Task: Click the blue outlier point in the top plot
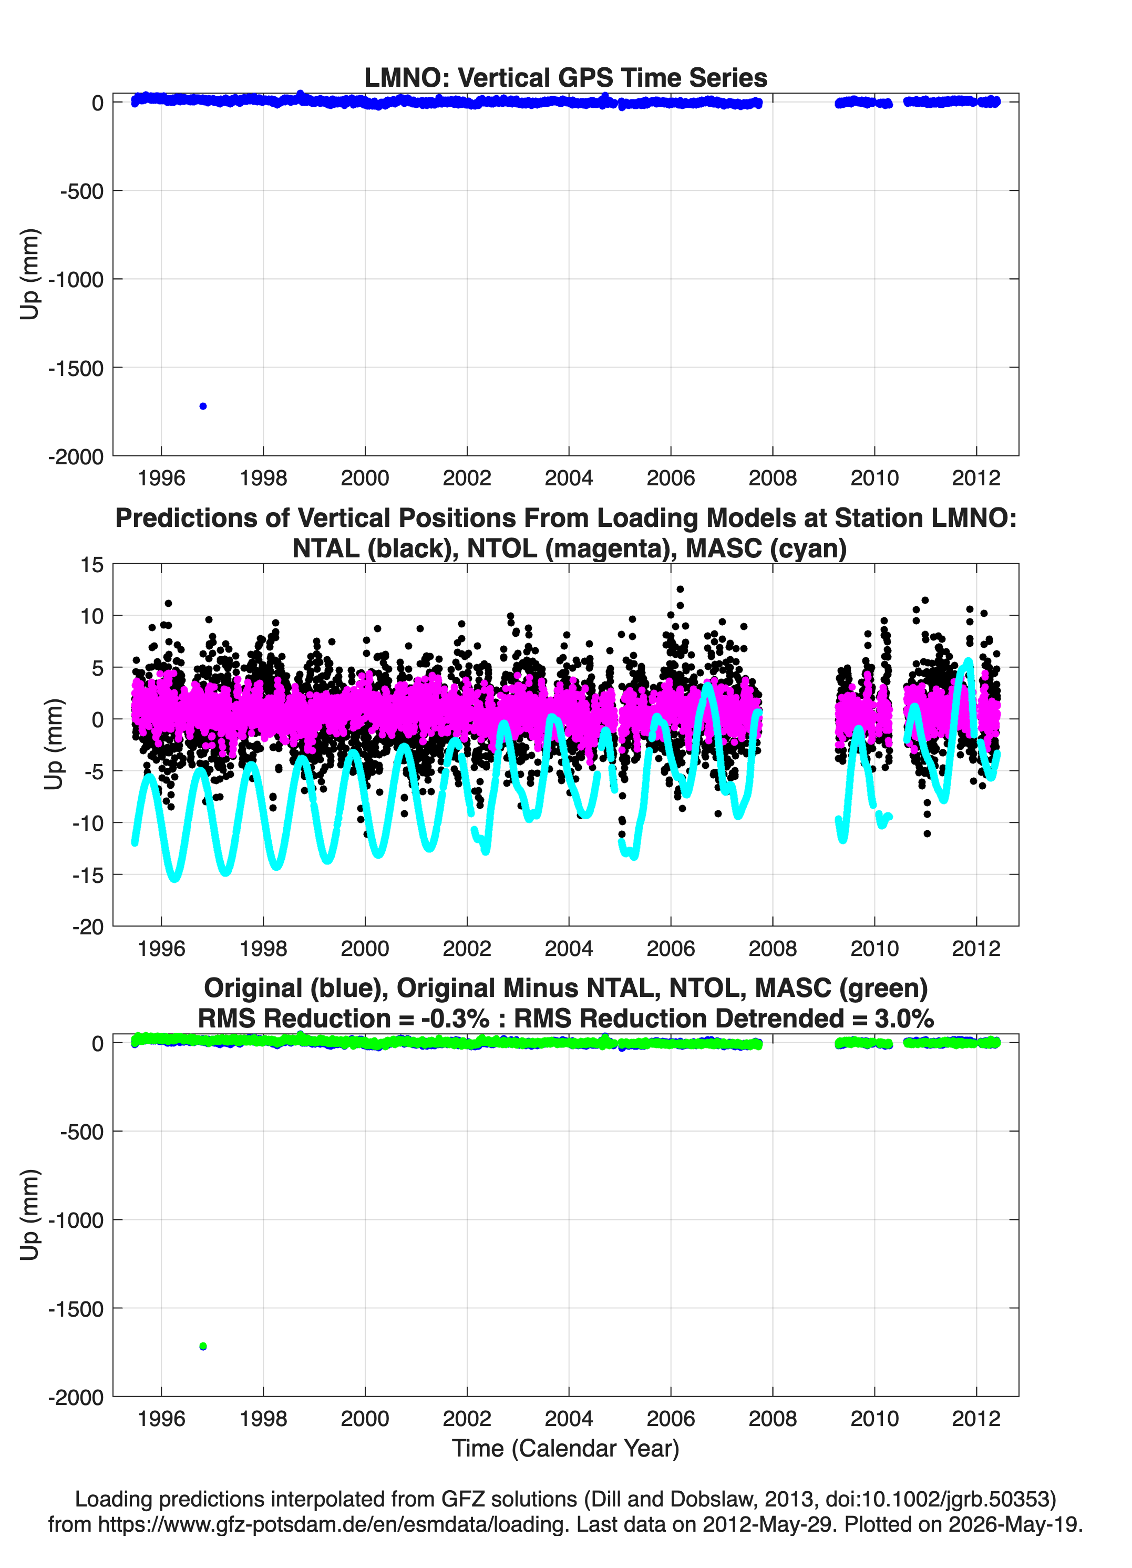pos(203,406)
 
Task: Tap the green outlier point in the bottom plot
pos(203,1346)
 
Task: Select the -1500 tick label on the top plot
pos(76,369)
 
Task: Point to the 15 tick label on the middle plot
pos(92,565)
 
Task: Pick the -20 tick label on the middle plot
pos(88,927)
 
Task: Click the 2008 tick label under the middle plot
pos(773,949)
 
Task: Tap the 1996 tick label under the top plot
pos(162,478)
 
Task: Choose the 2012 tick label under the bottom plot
pos(976,1419)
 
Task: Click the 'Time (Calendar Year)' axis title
pos(566,1449)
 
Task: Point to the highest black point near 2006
pos(680,589)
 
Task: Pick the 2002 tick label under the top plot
pos(467,478)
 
